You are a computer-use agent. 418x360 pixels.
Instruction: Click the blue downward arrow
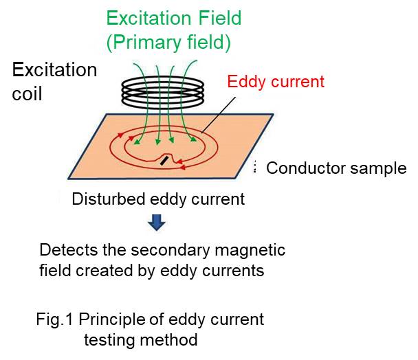coord(157,222)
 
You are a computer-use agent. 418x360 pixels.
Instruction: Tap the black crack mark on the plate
coord(164,161)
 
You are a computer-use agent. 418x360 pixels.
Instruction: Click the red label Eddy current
coord(276,82)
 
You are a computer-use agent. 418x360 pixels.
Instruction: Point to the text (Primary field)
coord(168,43)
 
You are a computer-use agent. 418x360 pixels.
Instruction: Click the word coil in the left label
coord(27,94)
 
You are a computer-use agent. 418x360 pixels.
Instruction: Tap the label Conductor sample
coord(336,168)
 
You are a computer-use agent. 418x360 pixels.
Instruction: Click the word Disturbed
coord(109,199)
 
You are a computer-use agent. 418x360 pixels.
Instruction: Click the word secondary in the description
coord(170,251)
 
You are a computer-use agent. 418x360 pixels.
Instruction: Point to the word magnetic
coord(250,251)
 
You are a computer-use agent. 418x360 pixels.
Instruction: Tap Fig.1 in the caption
coord(54,319)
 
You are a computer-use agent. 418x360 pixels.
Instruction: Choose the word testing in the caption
coord(109,340)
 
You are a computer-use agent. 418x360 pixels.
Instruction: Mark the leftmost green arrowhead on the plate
coord(137,142)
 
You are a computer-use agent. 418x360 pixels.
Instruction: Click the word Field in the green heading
coord(220,18)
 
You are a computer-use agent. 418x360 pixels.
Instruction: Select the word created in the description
coord(104,271)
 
